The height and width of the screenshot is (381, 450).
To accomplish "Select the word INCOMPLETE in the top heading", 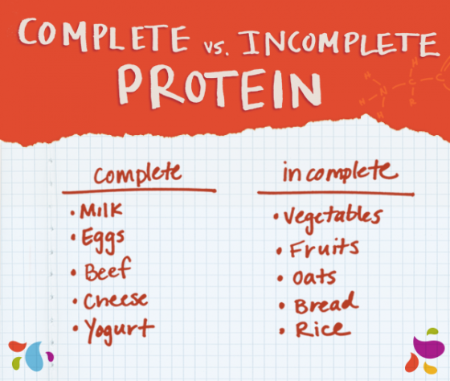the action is [x=339, y=43].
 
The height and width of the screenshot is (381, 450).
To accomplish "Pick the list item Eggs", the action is [x=103, y=240].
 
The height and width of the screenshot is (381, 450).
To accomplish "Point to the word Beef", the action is [x=108, y=269].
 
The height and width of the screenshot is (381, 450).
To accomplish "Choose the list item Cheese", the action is [x=116, y=301].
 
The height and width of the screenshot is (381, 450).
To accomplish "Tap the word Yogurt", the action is [x=120, y=330].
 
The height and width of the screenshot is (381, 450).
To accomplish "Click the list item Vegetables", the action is [x=333, y=218].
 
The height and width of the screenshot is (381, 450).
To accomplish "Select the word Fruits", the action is [x=324, y=248].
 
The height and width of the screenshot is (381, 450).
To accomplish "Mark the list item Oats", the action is [x=314, y=277].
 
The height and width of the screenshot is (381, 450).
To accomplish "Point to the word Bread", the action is [x=326, y=302].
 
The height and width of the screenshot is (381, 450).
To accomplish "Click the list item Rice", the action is [x=323, y=330].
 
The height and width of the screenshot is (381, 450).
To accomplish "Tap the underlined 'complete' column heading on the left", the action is [x=138, y=174].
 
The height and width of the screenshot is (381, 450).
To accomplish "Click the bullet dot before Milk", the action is [x=73, y=213].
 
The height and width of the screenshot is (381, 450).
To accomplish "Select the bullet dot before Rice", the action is [x=282, y=332].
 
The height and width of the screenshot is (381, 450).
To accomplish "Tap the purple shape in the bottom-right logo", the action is [x=426, y=346].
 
